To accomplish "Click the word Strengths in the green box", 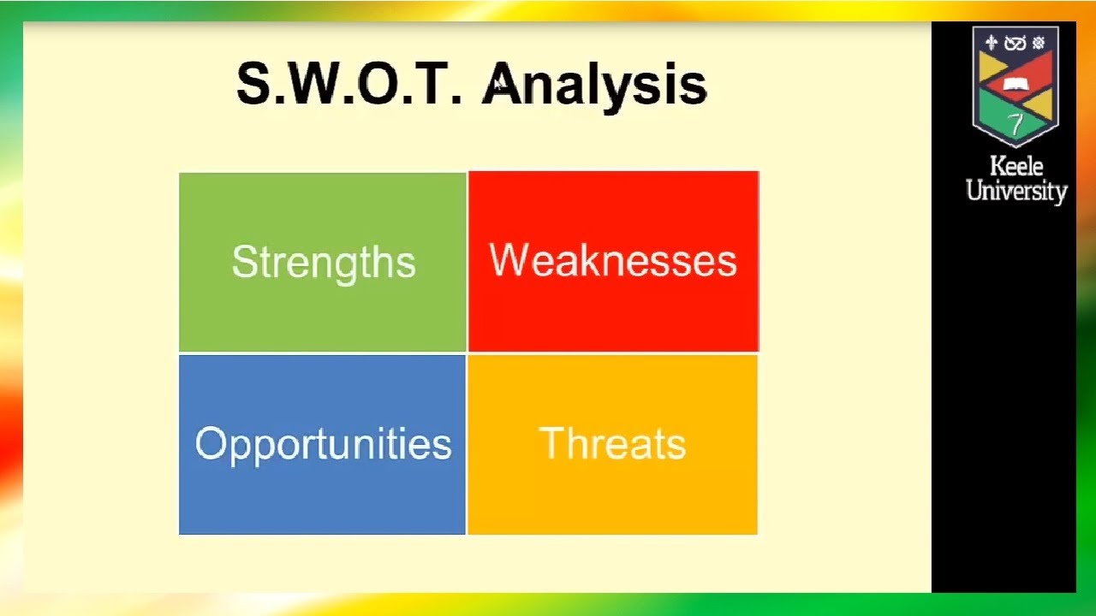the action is tap(324, 264).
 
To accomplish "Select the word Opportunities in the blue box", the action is tap(323, 445).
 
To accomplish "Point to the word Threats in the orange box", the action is tap(612, 443).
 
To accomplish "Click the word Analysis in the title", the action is tap(594, 86).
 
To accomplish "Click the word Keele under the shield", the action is tap(1016, 166).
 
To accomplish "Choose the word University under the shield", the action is tap(1016, 191).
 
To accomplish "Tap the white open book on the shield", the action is tap(1016, 85).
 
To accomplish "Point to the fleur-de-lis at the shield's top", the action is tap(992, 43).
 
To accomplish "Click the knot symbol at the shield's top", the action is tap(1015, 44).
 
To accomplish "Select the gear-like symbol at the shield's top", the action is tap(1039, 43).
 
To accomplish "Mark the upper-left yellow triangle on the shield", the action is tap(991, 67).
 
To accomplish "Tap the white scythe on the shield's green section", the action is tap(1016, 124).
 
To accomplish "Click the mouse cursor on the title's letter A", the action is tap(497, 86).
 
